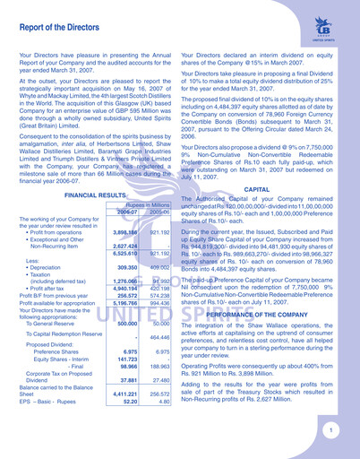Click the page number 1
click(330, 429)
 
